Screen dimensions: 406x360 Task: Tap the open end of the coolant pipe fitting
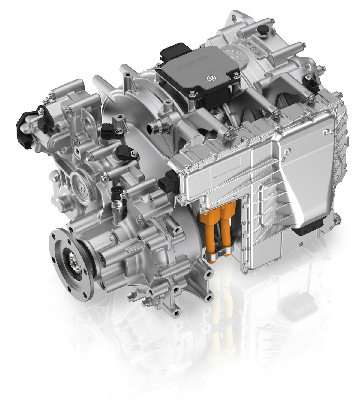coord(150,128)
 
